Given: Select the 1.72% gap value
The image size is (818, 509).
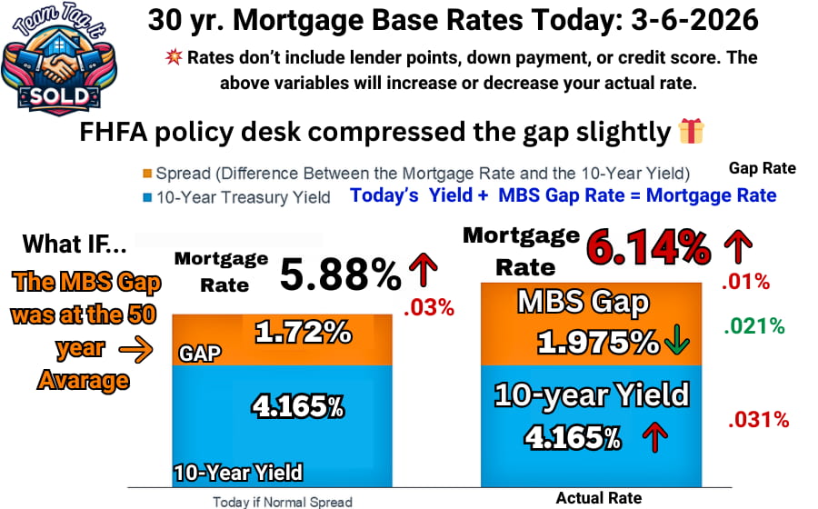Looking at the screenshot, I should (304, 334).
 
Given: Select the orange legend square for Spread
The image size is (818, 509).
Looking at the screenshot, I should (147, 174).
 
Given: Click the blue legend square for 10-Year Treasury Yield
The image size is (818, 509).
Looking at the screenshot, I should (147, 195).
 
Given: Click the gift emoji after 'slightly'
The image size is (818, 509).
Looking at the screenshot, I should (692, 132).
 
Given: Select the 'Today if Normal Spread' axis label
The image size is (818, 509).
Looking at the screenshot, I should (283, 501).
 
